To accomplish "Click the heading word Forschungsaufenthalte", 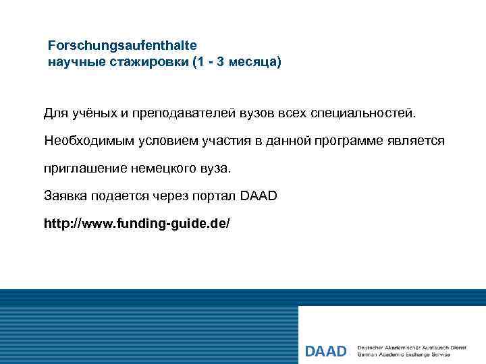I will [x=122, y=46].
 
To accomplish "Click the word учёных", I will [x=92, y=112].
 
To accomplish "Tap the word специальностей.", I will [x=369, y=112].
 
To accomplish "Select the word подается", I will [x=122, y=195].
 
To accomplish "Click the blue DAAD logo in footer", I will [x=325, y=351].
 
